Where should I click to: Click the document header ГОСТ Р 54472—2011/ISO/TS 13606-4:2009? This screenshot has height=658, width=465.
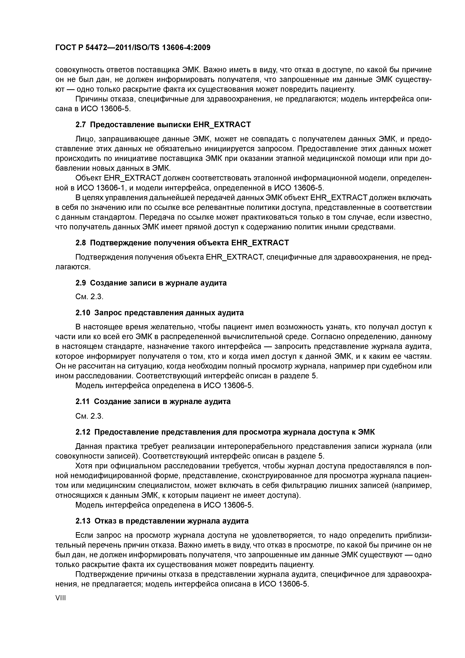point(133,47)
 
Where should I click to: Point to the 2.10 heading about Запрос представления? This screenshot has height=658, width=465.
point(160,313)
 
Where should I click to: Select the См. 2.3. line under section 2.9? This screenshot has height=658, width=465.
point(89,297)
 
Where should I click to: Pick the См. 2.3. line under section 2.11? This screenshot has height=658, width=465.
point(89,416)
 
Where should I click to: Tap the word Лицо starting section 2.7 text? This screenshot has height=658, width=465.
point(85,139)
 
